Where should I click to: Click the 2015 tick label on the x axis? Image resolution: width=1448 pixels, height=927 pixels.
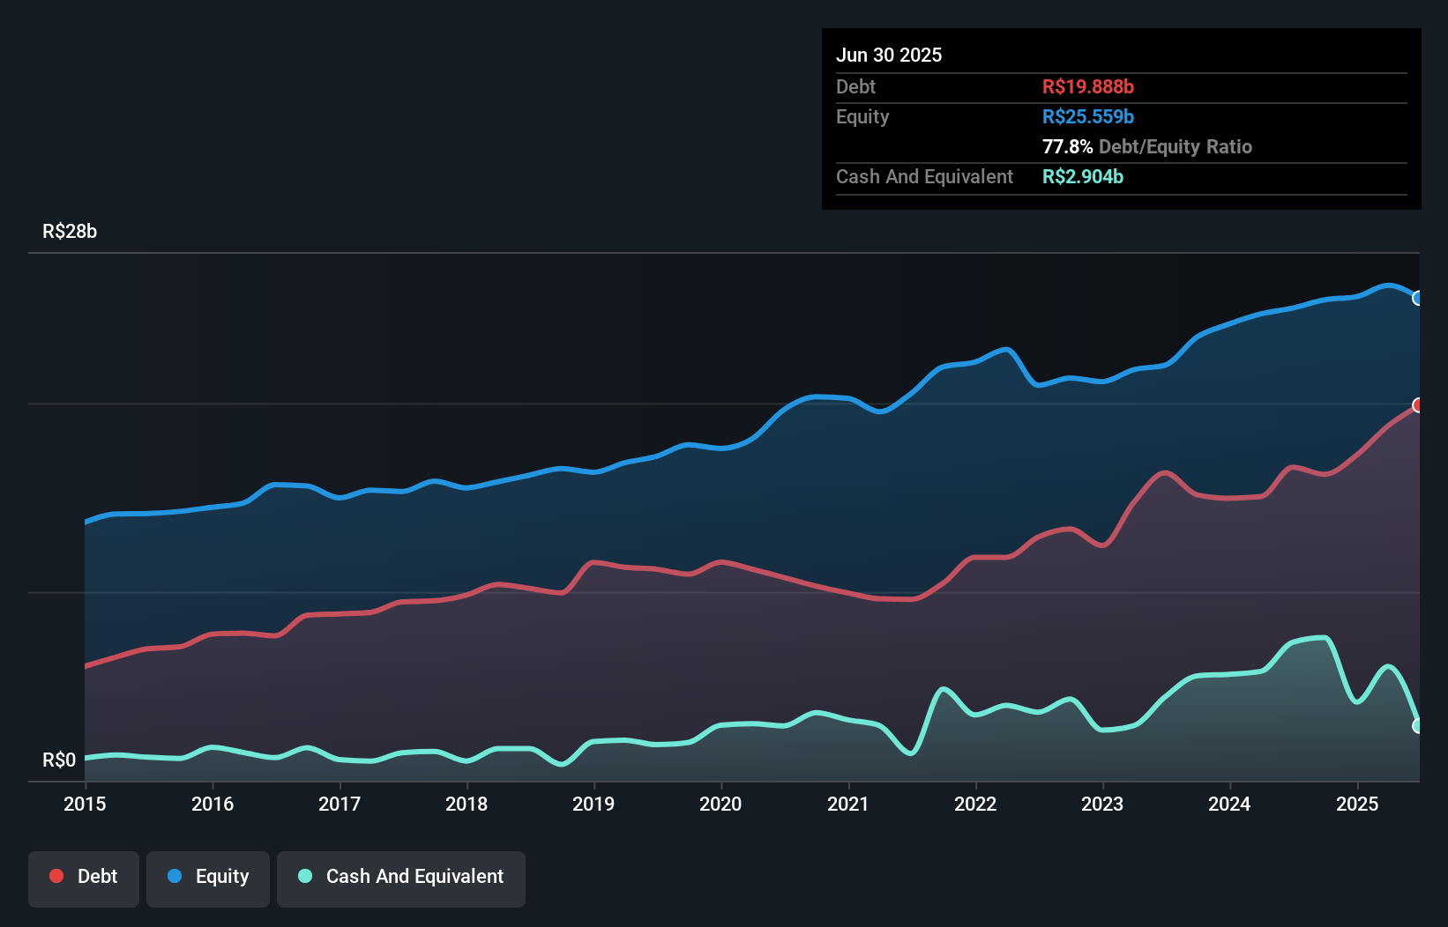coord(85,804)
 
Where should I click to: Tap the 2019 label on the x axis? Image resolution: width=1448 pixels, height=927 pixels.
coord(593,804)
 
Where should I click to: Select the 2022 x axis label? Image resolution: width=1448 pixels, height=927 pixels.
coord(975,804)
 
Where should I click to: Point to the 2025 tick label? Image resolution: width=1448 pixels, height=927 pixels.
coord(1357,804)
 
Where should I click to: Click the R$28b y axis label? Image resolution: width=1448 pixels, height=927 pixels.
coord(70,231)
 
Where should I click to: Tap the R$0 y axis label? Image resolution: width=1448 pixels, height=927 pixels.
coord(59,760)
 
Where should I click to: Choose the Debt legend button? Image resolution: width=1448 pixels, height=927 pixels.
coord(84,877)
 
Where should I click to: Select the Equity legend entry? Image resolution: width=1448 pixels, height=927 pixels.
coord(208,877)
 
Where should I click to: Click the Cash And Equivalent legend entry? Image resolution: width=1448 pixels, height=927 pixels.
coord(401,877)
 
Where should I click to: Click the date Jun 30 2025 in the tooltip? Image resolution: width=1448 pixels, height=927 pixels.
coord(889,55)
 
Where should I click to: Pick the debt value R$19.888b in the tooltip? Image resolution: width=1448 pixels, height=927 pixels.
coord(1087,86)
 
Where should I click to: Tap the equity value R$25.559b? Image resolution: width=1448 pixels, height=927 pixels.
coord(1087,116)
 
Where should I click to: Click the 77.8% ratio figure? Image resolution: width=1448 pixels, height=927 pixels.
coord(1067,146)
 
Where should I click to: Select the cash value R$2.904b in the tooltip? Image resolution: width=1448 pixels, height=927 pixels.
coord(1082,176)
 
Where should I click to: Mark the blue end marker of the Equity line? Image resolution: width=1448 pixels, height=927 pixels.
coord(1417,298)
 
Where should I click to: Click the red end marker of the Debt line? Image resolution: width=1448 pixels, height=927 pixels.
coord(1417,405)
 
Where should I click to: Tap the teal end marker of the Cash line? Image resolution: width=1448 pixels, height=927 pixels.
coord(1417,726)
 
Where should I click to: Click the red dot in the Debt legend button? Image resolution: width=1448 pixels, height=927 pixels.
coord(56,876)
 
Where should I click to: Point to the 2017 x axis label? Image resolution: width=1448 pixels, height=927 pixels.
coord(340,804)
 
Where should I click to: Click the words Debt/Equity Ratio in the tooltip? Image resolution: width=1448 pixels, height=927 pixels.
coord(1176,146)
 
